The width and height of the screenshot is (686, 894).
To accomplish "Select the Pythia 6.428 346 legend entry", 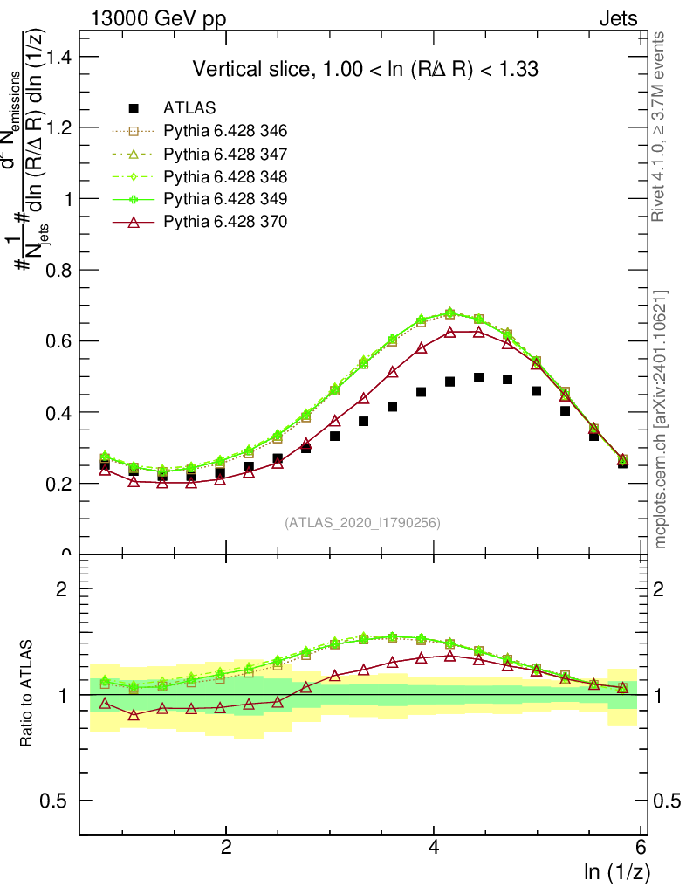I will pyautogui.click(x=225, y=131).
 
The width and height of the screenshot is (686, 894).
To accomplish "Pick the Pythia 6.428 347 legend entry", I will pyautogui.click(x=225, y=154).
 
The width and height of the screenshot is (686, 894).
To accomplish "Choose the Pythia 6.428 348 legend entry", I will pyautogui.click(x=225, y=176).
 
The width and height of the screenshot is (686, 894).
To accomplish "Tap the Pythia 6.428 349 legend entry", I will pyautogui.click(x=225, y=199).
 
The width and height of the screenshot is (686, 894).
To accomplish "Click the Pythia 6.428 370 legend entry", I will pyautogui.click(x=225, y=222).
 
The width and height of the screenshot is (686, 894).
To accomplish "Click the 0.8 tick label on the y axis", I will pyautogui.click(x=59, y=270).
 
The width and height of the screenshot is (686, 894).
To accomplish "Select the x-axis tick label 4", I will pyautogui.click(x=434, y=848).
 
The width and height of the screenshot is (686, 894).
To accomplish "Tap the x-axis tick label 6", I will pyautogui.click(x=641, y=848).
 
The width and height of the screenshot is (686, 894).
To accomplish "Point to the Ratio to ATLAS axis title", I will pyautogui.click(x=27, y=695).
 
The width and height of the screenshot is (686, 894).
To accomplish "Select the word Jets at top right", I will pyautogui.click(x=618, y=19).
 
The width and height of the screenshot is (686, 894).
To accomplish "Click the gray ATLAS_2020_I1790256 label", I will pyautogui.click(x=362, y=523).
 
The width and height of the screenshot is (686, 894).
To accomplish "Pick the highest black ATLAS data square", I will pyautogui.click(x=478, y=377).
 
